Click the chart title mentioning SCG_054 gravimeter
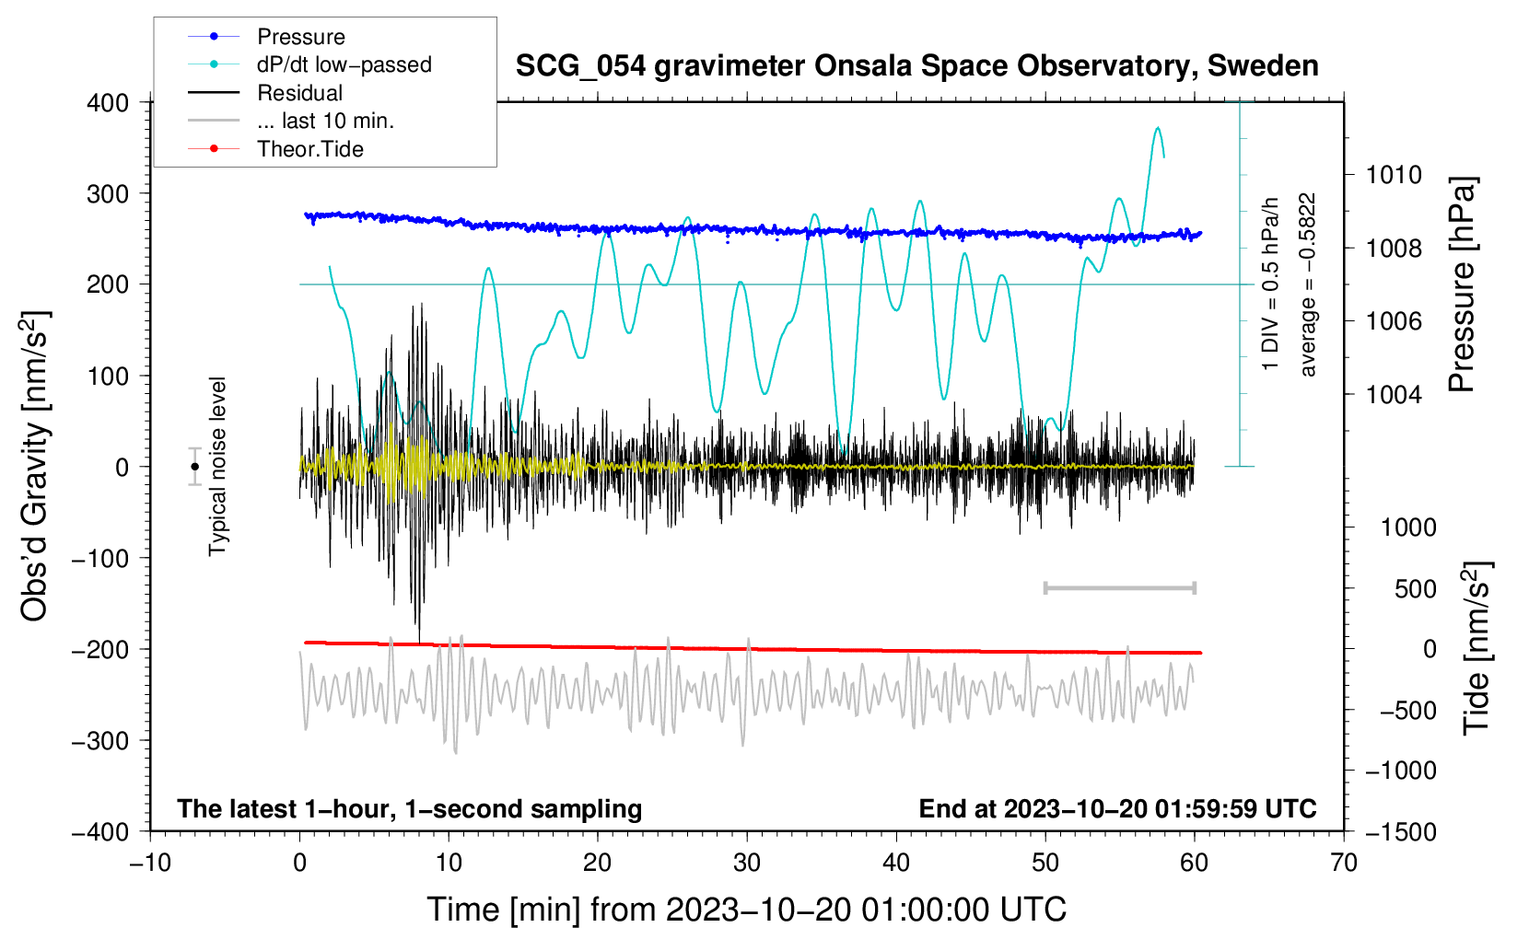point(916,66)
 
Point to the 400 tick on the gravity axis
point(109,103)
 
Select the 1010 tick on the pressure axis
point(1394,175)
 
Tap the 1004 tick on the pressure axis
point(1394,395)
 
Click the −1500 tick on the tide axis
point(1400,832)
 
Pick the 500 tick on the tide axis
point(1415,589)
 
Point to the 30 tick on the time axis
point(747,863)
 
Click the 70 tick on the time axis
point(1344,863)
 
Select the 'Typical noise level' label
point(217,466)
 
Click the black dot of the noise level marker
point(195,467)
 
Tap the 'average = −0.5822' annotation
point(1308,284)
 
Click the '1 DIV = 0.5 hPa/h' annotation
point(1271,284)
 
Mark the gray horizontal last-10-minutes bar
point(1119,588)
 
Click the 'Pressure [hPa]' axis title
point(1462,284)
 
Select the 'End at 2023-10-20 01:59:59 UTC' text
point(1117,809)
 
